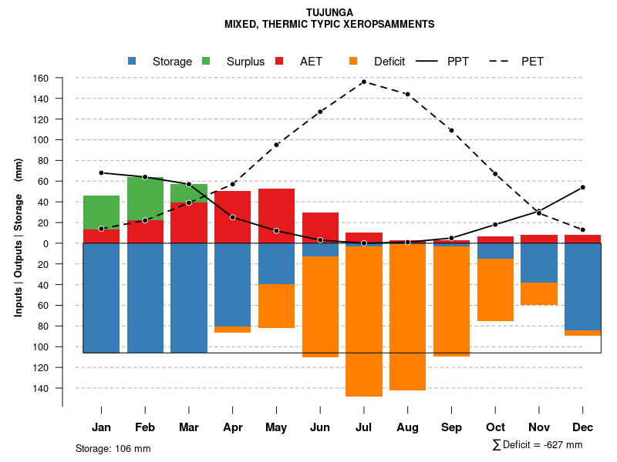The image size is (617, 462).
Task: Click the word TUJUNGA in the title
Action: [x=329, y=12]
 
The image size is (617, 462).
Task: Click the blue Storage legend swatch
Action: [x=132, y=61]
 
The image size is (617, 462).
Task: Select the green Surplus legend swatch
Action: [x=206, y=61]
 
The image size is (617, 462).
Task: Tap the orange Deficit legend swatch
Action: [x=353, y=61]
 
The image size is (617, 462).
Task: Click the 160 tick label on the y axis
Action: [x=62, y=78]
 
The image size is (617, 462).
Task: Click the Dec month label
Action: [x=582, y=427]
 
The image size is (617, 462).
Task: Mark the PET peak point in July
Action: [x=363, y=82]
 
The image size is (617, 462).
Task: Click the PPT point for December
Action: [x=583, y=187]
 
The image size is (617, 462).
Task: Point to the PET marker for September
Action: [x=451, y=130]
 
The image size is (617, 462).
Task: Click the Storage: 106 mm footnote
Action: [x=113, y=448]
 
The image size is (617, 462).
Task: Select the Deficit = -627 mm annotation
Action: [x=538, y=444]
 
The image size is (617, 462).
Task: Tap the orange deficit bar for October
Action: [x=495, y=290]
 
